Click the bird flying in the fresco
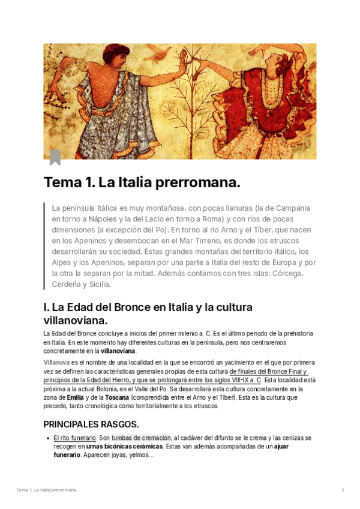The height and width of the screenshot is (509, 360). (x=161, y=55)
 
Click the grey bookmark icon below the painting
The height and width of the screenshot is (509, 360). (x=55, y=157)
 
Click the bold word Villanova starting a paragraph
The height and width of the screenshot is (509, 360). (x=56, y=363)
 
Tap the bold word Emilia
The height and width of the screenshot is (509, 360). (x=75, y=397)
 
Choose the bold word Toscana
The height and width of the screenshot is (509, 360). (x=117, y=397)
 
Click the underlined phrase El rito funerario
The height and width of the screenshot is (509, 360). (x=74, y=438)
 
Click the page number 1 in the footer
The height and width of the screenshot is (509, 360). (x=343, y=490)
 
